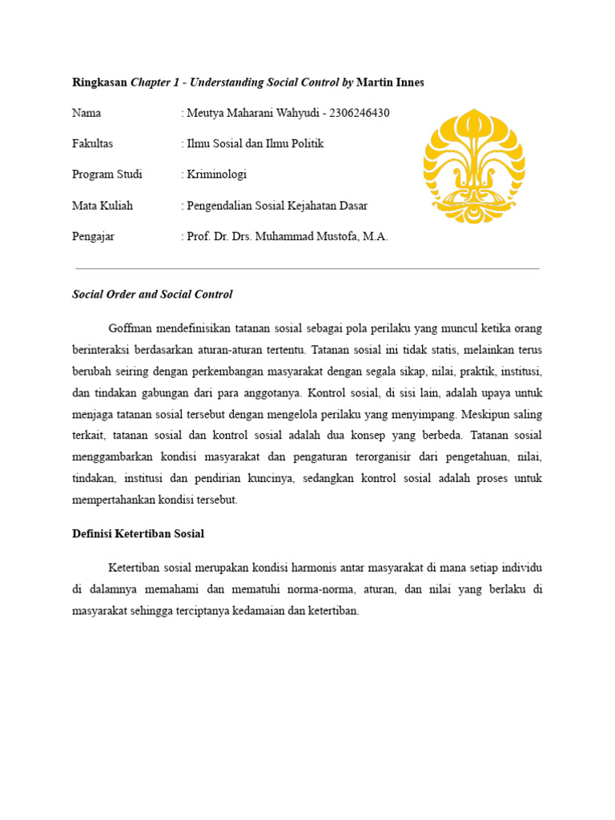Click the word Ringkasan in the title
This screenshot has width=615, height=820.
point(99,82)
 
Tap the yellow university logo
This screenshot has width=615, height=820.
point(474,166)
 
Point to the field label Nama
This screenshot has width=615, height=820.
point(86,113)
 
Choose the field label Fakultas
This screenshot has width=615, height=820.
point(93,143)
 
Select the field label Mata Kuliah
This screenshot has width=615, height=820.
point(102,206)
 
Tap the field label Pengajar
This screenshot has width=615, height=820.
point(94,237)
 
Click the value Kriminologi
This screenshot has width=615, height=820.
point(217,175)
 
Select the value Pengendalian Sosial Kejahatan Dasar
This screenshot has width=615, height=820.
point(277,206)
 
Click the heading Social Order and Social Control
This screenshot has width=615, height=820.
point(152,294)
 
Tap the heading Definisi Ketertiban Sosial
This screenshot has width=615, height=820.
point(139,533)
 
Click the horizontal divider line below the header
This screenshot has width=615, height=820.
point(307,268)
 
